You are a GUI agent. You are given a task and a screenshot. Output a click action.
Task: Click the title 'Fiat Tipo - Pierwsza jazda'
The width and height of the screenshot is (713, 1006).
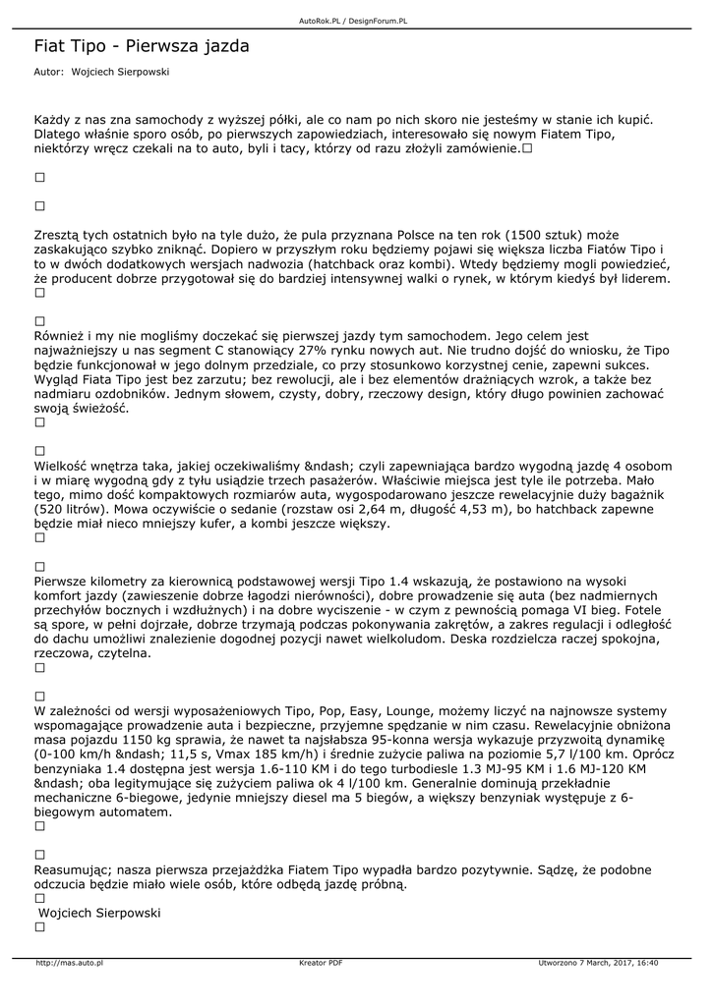pyautogui.click(x=142, y=46)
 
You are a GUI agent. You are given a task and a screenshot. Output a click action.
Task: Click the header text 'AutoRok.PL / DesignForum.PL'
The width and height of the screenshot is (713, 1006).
pyautogui.click(x=353, y=21)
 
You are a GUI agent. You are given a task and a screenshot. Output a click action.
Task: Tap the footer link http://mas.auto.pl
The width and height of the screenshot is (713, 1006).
pyautogui.click(x=69, y=963)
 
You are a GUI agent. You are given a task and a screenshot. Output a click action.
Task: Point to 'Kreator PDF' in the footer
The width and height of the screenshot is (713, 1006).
pyautogui.click(x=321, y=963)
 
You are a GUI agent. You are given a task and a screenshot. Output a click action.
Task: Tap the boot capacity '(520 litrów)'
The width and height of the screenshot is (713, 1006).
pyautogui.click(x=73, y=510)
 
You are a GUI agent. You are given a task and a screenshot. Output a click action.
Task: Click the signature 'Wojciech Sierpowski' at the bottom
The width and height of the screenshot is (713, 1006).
pyautogui.click(x=98, y=913)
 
